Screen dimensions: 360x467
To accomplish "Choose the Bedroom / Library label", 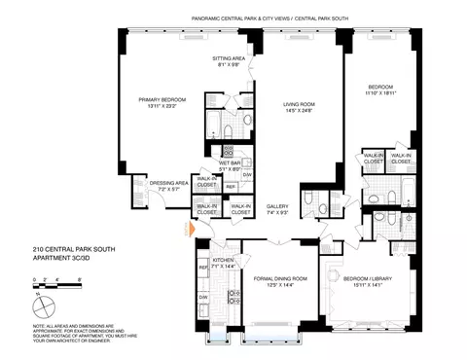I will (x=367, y=278).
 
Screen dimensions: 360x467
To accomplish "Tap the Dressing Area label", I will (x=169, y=182).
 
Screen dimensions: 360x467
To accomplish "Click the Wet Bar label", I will (x=231, y=163).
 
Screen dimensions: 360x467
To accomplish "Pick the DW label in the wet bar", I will (x=247, y=174).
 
